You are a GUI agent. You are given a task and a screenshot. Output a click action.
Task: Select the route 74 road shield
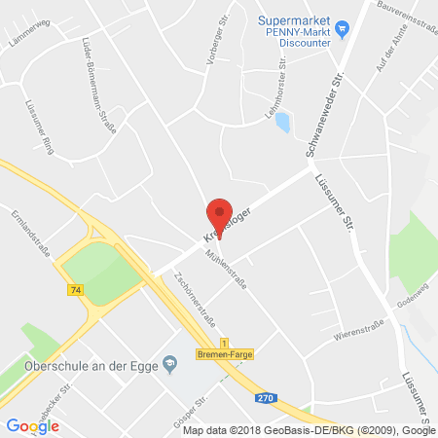(76, 290)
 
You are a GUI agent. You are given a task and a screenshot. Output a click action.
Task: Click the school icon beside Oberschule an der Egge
(170, 364)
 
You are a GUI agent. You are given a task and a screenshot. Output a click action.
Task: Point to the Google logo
(32, 425)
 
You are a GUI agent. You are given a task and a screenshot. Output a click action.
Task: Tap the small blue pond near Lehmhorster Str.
(281, 123)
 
